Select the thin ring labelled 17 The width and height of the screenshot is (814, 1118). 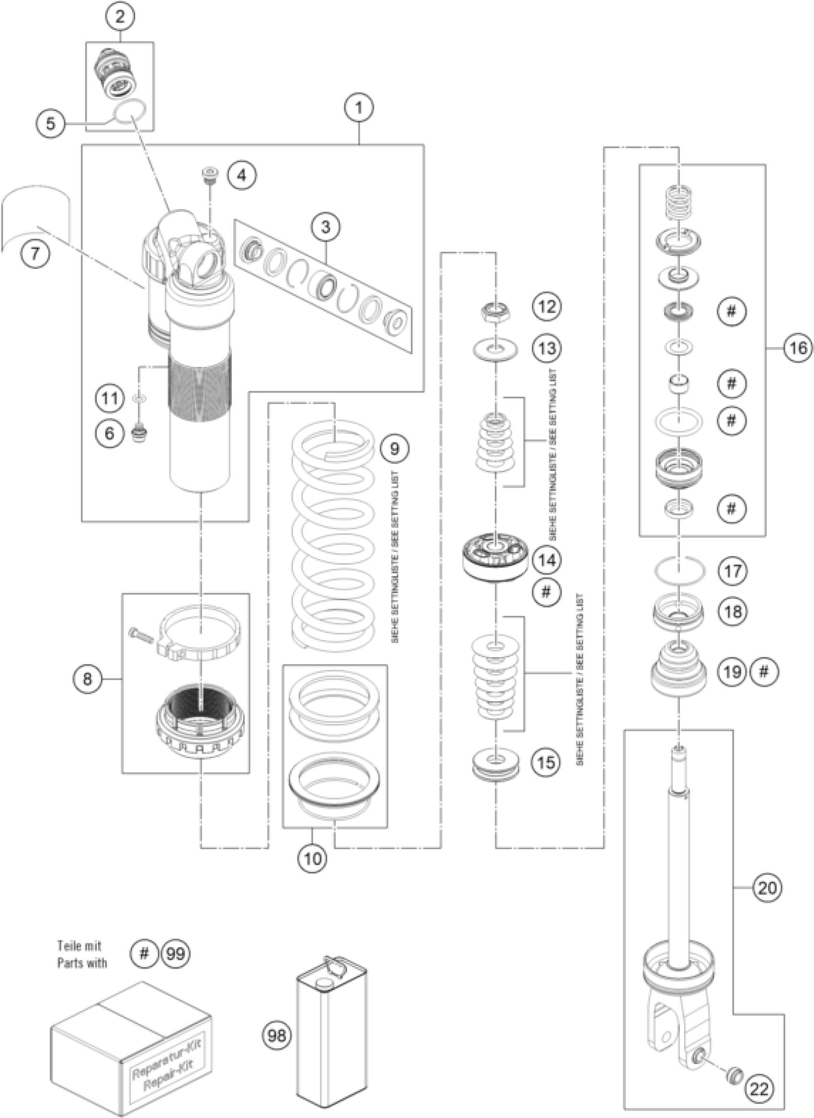pyautogui.click(x=679, y=571)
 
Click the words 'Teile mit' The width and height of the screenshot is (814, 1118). pyautogui.click(x=79, y=946)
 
